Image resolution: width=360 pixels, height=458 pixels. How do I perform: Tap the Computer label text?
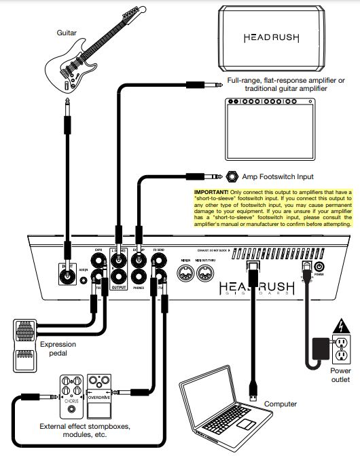pos(280,404)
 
